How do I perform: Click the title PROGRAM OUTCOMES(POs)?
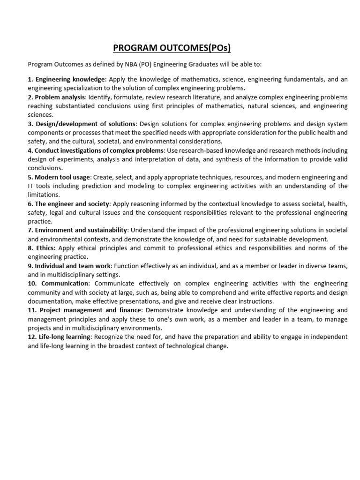pos(172,48)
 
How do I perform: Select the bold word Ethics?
pos(46,248)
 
